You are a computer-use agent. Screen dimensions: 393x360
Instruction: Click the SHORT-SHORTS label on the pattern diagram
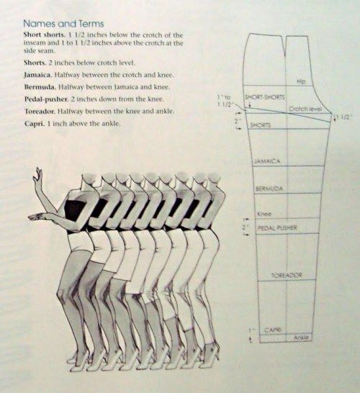[262, 96]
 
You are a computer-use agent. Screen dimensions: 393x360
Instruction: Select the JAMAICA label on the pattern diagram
[266, 161]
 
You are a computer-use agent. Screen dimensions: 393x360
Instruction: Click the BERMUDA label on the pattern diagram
[268, 189]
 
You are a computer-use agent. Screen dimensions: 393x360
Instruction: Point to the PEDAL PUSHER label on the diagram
[277, 228]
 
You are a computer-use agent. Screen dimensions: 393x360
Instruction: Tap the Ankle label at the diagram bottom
[301, 337]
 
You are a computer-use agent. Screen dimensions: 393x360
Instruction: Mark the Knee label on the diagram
[263, 214]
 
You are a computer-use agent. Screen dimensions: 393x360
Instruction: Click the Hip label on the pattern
[301, 81]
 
